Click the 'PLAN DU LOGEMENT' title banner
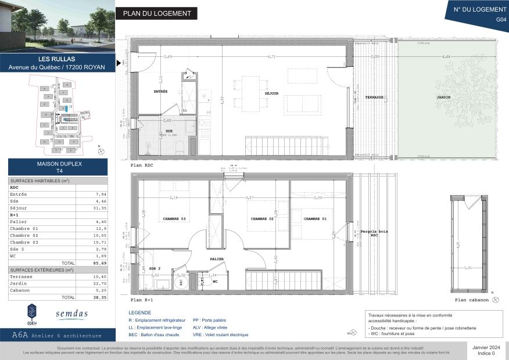coord(156,14)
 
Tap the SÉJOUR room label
coord(271,93)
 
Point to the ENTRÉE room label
coord(161,91)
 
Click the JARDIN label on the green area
coord(444,98)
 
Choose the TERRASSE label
coord(374,98)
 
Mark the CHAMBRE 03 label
coord(174,219)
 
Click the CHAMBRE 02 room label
coord(262,219)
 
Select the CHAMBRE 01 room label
coord(314,219)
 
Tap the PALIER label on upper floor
coord(217,259)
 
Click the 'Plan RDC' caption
coord(143,165)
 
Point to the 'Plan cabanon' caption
coord(471,300)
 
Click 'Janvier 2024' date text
coord(486,347)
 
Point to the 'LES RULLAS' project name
coord(56,59)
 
